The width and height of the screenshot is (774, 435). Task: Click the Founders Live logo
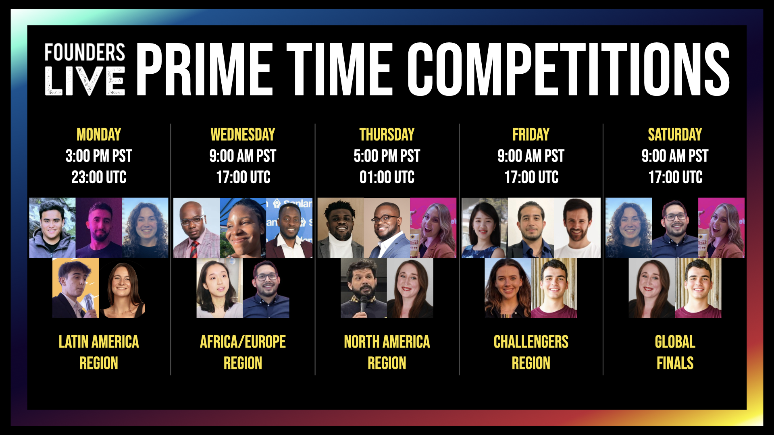pos(85,69)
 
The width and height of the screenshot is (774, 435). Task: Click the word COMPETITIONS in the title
pos(568,69)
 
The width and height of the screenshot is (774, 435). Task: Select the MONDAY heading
pos(99,135)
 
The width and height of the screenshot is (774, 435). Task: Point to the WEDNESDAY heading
pos(243,135)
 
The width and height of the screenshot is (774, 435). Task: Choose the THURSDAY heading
pos(387,135)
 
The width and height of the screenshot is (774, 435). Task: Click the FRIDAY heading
pos(531,135)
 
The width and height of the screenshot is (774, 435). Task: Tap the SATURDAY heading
pos(675,135)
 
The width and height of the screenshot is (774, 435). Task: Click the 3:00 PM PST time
pos(99,156)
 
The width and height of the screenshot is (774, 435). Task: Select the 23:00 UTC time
pos(99,177)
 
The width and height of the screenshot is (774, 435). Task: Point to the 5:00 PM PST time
pos(387,156)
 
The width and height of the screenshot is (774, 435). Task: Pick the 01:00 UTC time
pos(387,177)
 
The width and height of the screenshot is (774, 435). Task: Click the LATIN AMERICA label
pos(99,342)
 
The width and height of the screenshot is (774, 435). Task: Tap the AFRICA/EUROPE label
pos(243,342)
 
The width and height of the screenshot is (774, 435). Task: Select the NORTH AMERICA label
pos(387,342)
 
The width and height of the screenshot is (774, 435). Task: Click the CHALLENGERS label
pos(531,342)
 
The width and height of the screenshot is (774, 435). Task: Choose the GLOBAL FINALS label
pos(675,352)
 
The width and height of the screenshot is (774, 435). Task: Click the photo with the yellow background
pos(75,288)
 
